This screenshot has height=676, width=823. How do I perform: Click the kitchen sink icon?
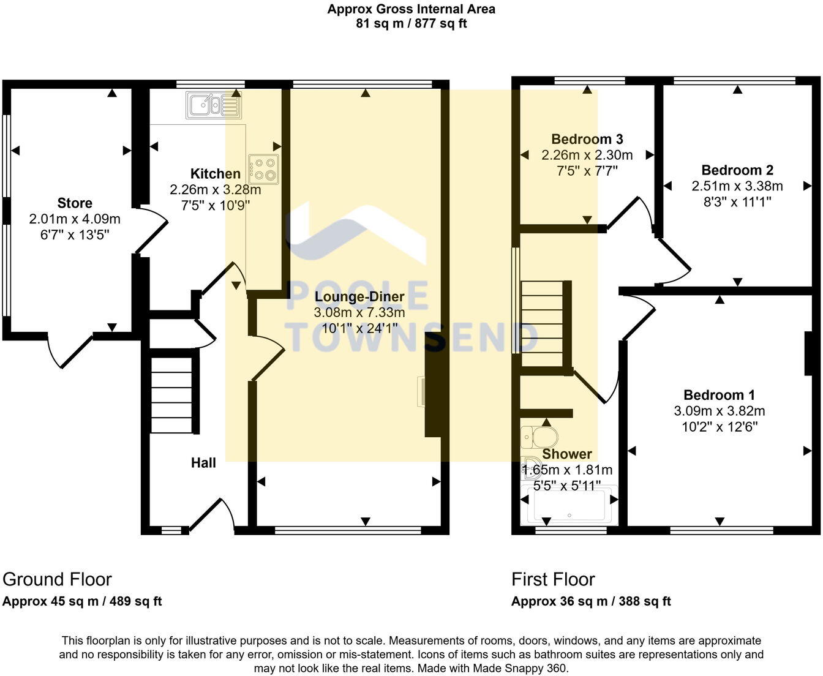click(214, 105)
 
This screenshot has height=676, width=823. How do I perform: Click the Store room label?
click(75, 203)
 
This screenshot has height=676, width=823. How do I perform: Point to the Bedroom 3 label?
click(587, 140)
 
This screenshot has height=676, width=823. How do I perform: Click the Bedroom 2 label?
click(737, 170)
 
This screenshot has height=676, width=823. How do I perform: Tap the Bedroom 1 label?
click(719, 395)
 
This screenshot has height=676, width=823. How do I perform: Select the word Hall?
click(203, 463)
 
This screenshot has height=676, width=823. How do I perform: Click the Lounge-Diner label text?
click(359, 297)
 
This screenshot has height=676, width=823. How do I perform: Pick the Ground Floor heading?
click(58, 579)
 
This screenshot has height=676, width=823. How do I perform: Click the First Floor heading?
click(553, 579)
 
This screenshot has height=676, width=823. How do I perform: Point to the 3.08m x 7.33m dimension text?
click(359, 313)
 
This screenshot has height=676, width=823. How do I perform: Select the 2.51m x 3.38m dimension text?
click(737, 186)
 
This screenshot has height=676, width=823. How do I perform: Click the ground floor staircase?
click(172, 395)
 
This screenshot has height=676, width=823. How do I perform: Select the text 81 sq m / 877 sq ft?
click(411, 24)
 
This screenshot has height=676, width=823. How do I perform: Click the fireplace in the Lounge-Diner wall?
click(432, 392)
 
